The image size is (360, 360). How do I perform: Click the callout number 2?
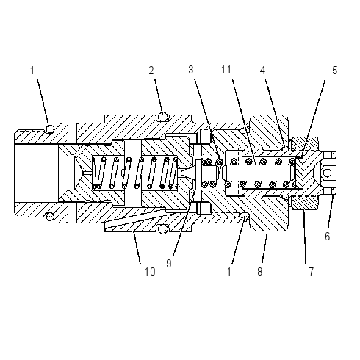pyautogui.click(x=151, y=71)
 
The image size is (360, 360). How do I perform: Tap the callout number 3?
pyautogui.click(x=191, y=70)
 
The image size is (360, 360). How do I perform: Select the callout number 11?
pyautogui.click(x=226, y=70)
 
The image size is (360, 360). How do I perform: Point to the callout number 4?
pyautogui.click(x=262, y=71)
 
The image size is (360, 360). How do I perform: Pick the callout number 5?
pyautogui.click(x=334, y=71)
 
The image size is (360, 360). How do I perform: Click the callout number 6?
pyautogui.click(x=328, y=237)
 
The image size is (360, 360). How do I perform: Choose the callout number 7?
pyautogui.click(x=311, y=272)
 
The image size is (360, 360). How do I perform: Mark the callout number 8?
pyautogui.click(x=260, y=272)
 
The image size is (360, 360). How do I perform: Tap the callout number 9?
pyautogui.click(x=169, y=264)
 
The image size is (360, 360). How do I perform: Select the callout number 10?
pyautogui.click(x=150, y=272)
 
